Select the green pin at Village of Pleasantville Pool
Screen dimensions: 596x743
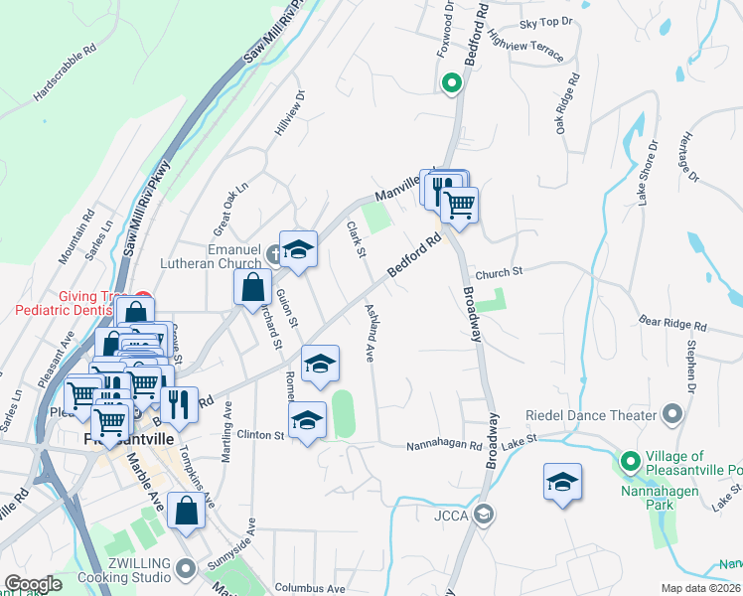[x=630, y=461]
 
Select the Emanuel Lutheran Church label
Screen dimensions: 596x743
[x=220, y=257]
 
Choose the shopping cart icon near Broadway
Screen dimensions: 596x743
[x=459, y=205]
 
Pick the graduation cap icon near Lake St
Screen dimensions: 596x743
[x=562, y=483]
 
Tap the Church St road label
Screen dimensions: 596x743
[x=498, y=273]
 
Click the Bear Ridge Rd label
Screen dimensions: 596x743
[x=672, y=324]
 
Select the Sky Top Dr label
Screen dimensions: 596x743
[x=547, y=22]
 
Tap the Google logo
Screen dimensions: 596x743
[x=32, y=584]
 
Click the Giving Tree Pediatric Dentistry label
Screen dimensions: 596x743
[x=74, y=303]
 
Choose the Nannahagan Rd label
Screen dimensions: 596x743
[x=443, y=446]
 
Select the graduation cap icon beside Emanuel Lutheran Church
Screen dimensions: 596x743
[x=297, y=249]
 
